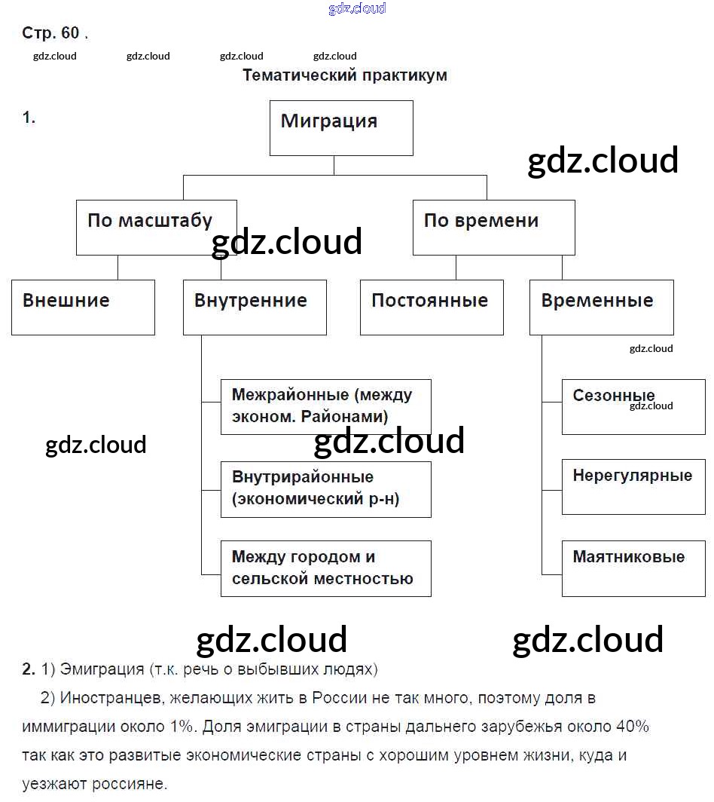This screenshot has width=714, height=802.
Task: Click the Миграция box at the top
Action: (341, 128)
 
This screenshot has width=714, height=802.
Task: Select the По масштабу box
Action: (156, 227)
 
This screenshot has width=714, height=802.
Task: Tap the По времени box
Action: (493, 227)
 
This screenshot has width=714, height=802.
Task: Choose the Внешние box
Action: (83, 308)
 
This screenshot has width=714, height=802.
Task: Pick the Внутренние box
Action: (255, 308)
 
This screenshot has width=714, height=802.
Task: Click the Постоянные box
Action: (432, 308)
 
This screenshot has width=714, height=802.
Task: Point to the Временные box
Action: (601, 308)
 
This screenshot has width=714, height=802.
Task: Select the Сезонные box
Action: (633, 407)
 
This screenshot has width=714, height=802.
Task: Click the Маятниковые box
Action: (633, 568)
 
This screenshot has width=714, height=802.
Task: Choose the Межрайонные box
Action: (325, 407)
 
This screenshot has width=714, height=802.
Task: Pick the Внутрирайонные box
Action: (325, 489)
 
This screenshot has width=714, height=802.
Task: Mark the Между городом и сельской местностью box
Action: (325, 568)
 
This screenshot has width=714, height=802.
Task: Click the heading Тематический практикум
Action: (345, 75)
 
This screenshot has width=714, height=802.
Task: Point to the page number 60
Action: (71, 33)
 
